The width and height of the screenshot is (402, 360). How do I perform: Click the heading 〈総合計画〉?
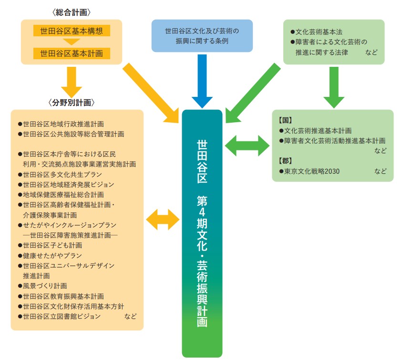[72, 11]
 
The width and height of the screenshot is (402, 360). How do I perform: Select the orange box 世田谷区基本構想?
[72, 31]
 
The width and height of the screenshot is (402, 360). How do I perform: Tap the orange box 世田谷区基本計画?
[72, 53]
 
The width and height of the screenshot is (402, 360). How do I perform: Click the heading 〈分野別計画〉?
[72, 102]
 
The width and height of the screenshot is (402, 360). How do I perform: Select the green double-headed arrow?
[247, 145]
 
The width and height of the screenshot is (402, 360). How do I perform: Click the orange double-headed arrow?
[163, 220]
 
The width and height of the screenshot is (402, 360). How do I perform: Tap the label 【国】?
[285, 120]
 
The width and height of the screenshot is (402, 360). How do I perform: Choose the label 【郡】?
[285, 161]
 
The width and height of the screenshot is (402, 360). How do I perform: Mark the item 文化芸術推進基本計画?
[318, 130]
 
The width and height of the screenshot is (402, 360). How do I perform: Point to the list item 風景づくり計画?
[45, 286]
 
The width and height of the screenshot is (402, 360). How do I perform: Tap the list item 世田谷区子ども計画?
[52, 245]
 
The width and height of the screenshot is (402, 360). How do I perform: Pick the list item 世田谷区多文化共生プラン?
[62, 174]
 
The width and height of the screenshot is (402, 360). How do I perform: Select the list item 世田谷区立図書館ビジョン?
[62, 316]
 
